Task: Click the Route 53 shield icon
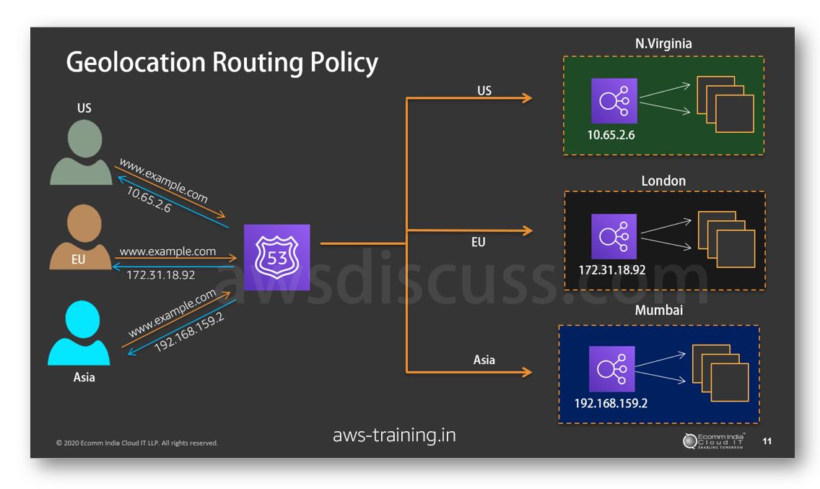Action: pyautogui.click(x=276, y=257)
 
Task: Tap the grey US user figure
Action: pyautogui.click(x=82, y=152)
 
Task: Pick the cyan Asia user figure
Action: pyautogui.click(x=79, y=333)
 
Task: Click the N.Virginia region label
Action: pyautogui.click(x=663, y=44)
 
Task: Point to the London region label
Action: pyautogui.click(x=663, y=181)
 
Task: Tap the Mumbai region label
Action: pyautogui.click(x=658, y=311)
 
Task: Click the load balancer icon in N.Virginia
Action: pyautogui.click(x=614, y=101)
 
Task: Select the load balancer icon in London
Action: pyautogui.click(x=614, y=235)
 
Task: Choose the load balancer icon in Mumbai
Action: pyautogui.click(x=611, y=369)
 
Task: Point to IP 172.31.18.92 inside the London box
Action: pyautogui.click(x=611, y=270)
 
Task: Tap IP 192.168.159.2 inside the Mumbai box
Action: pyautogui.click(x=611, y=403)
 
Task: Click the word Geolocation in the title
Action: pyautogui.click(x=135, y=63)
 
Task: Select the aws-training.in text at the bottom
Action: pyautogui.click(x=394, y=436)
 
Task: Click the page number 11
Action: pyautogui.click(x=767, y=441)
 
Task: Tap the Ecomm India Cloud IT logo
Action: pyautogui.click(x=715, y=441)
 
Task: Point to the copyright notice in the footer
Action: pyautogui.click(x=137, y=443)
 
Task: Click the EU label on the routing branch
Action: pyautogui.click(x=478, y=243)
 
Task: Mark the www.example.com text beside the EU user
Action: pyautogui.click(x=167, y=251)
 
